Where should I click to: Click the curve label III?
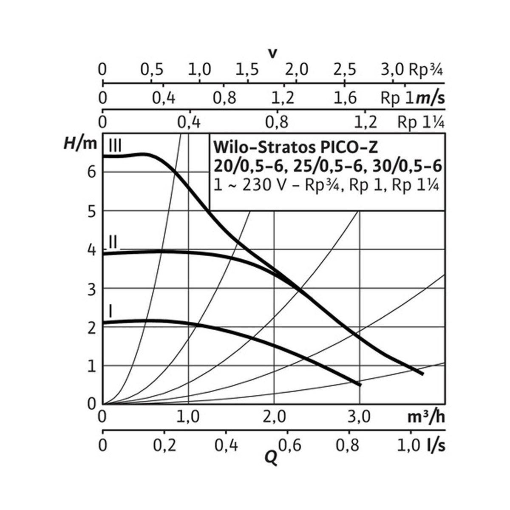115,146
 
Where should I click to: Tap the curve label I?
110,312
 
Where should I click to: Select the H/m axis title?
80,144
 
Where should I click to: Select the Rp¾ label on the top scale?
426,69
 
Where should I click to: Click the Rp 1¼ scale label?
421,122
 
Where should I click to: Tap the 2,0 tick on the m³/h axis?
274,417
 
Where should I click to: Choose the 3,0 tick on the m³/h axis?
360,417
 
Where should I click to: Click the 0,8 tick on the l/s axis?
349,446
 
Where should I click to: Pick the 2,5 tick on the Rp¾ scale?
345,69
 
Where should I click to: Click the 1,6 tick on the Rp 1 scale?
345,98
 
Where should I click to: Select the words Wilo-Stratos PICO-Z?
295,147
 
